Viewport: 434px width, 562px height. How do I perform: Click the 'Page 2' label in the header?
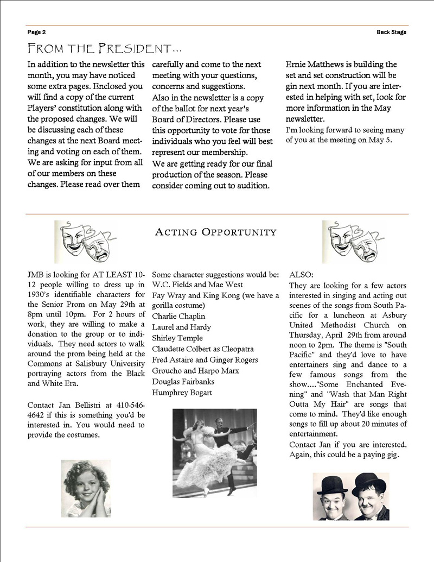tap(37, 32)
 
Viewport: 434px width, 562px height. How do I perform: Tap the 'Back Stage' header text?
tap(391, 32)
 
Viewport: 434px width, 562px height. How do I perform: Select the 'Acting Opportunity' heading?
tap(215, 232)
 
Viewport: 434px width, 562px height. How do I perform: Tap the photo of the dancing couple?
tap(215, 452)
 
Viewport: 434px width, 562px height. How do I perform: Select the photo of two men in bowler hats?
tap(350, 496)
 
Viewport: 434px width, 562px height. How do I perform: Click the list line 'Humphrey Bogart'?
tap(182, 392)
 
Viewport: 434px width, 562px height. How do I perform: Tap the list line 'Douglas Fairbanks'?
tap(183, 381)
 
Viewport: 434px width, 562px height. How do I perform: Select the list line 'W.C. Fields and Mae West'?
tap(197, 285)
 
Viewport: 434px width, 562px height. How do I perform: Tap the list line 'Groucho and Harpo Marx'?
tap(196, 370)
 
